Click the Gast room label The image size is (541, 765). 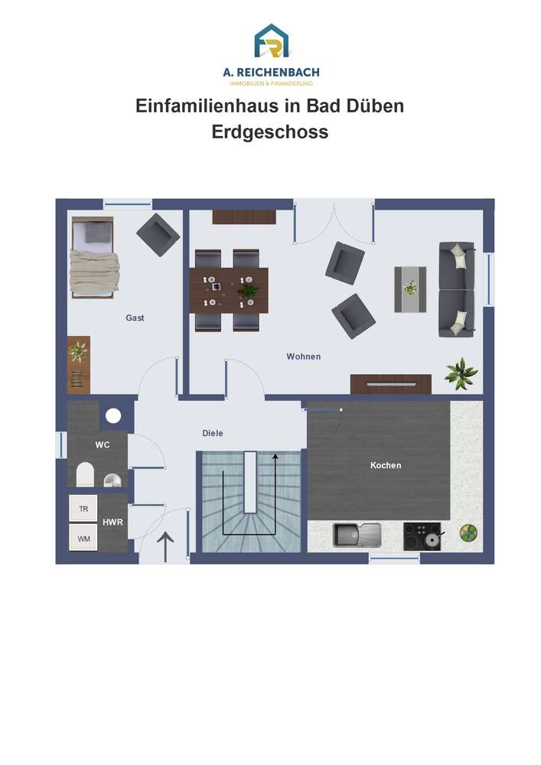point(135,317)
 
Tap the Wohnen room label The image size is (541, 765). point(304,356)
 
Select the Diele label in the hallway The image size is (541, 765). point(213,433)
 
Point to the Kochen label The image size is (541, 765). point(386,465)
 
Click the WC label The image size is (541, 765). point(103,445)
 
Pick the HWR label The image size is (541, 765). point(112,522)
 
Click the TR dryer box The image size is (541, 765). point(83,509)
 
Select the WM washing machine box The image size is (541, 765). point(83,538)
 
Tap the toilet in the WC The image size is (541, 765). point(85,474)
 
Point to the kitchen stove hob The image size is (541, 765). point(422,536)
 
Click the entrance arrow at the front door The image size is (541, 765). point(165,546)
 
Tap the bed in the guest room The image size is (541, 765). point(93,258)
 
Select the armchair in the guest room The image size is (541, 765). point(158,235)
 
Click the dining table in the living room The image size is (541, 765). point(229,291)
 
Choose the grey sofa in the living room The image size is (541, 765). point(457,289)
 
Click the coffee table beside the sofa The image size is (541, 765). point(410,289)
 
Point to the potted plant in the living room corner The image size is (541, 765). point(461,374)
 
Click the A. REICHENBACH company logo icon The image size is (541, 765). point(271,41)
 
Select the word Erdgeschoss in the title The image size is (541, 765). point(270,132)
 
